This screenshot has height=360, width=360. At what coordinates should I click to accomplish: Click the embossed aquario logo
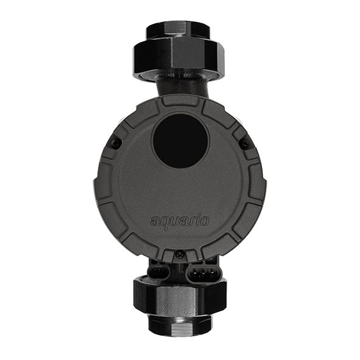180,221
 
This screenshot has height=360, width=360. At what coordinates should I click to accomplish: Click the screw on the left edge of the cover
116,143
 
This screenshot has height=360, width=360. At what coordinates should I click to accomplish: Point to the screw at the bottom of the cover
179,254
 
